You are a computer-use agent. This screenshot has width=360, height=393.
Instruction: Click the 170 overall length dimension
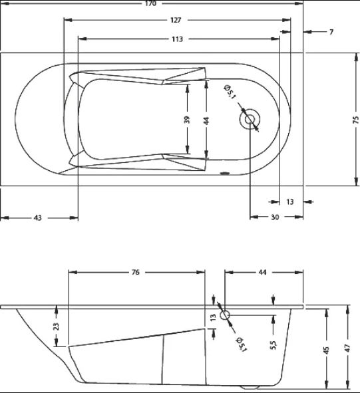pyautogui.click(x=150, y=3)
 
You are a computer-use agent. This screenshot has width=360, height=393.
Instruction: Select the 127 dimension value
pyautogui.click(x=176, y=20)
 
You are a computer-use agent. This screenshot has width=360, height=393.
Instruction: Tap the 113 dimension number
pyautogui.click(x=177, y=39)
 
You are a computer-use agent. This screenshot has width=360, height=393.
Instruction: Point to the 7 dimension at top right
pyautogui.click(x=331, y=32)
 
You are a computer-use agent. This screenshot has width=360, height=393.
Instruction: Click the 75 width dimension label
pyautogui.click(x=356, y=120)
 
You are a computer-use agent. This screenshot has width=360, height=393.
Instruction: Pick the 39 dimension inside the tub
pyautogui.click(x=187, y=120)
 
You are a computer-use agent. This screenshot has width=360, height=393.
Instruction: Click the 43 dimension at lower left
pyautogui.click(x=38, y=218)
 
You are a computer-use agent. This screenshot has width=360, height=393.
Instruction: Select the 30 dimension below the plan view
pyautogui.click(x=275, y=217)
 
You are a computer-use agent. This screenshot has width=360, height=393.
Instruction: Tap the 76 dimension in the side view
pyautogui.click(x=136, y=272)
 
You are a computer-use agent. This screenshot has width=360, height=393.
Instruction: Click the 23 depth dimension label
pyautogui.click(x=56, y=327)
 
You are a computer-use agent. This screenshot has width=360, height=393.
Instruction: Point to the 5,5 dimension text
pyautogui.click(x=273, y=345)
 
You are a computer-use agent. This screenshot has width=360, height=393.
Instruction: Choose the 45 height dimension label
pyautogui.click(x=326, y=350)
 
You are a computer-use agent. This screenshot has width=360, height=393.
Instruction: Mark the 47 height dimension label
pyautogui.click(x=347, y=348)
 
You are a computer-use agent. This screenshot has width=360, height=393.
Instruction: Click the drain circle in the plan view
pyautogui.click(x=250, y=119)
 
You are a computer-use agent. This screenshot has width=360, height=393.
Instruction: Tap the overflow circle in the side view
pyautogui.click(x=225, y=315)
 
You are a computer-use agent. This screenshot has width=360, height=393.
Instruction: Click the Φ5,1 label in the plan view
pyautogui.click(x=230, y=92)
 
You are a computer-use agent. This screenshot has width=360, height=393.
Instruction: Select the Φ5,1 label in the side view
pyautogui.click(x=242, y=344)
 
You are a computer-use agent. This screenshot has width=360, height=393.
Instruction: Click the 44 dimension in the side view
pyautogui.click(x=262, y=272)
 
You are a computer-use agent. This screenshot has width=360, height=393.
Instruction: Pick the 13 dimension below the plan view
pyautogui.click(x=290, y=201)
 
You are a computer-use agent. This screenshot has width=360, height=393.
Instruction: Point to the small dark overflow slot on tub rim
pyautogui.click(x=224, y=173)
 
